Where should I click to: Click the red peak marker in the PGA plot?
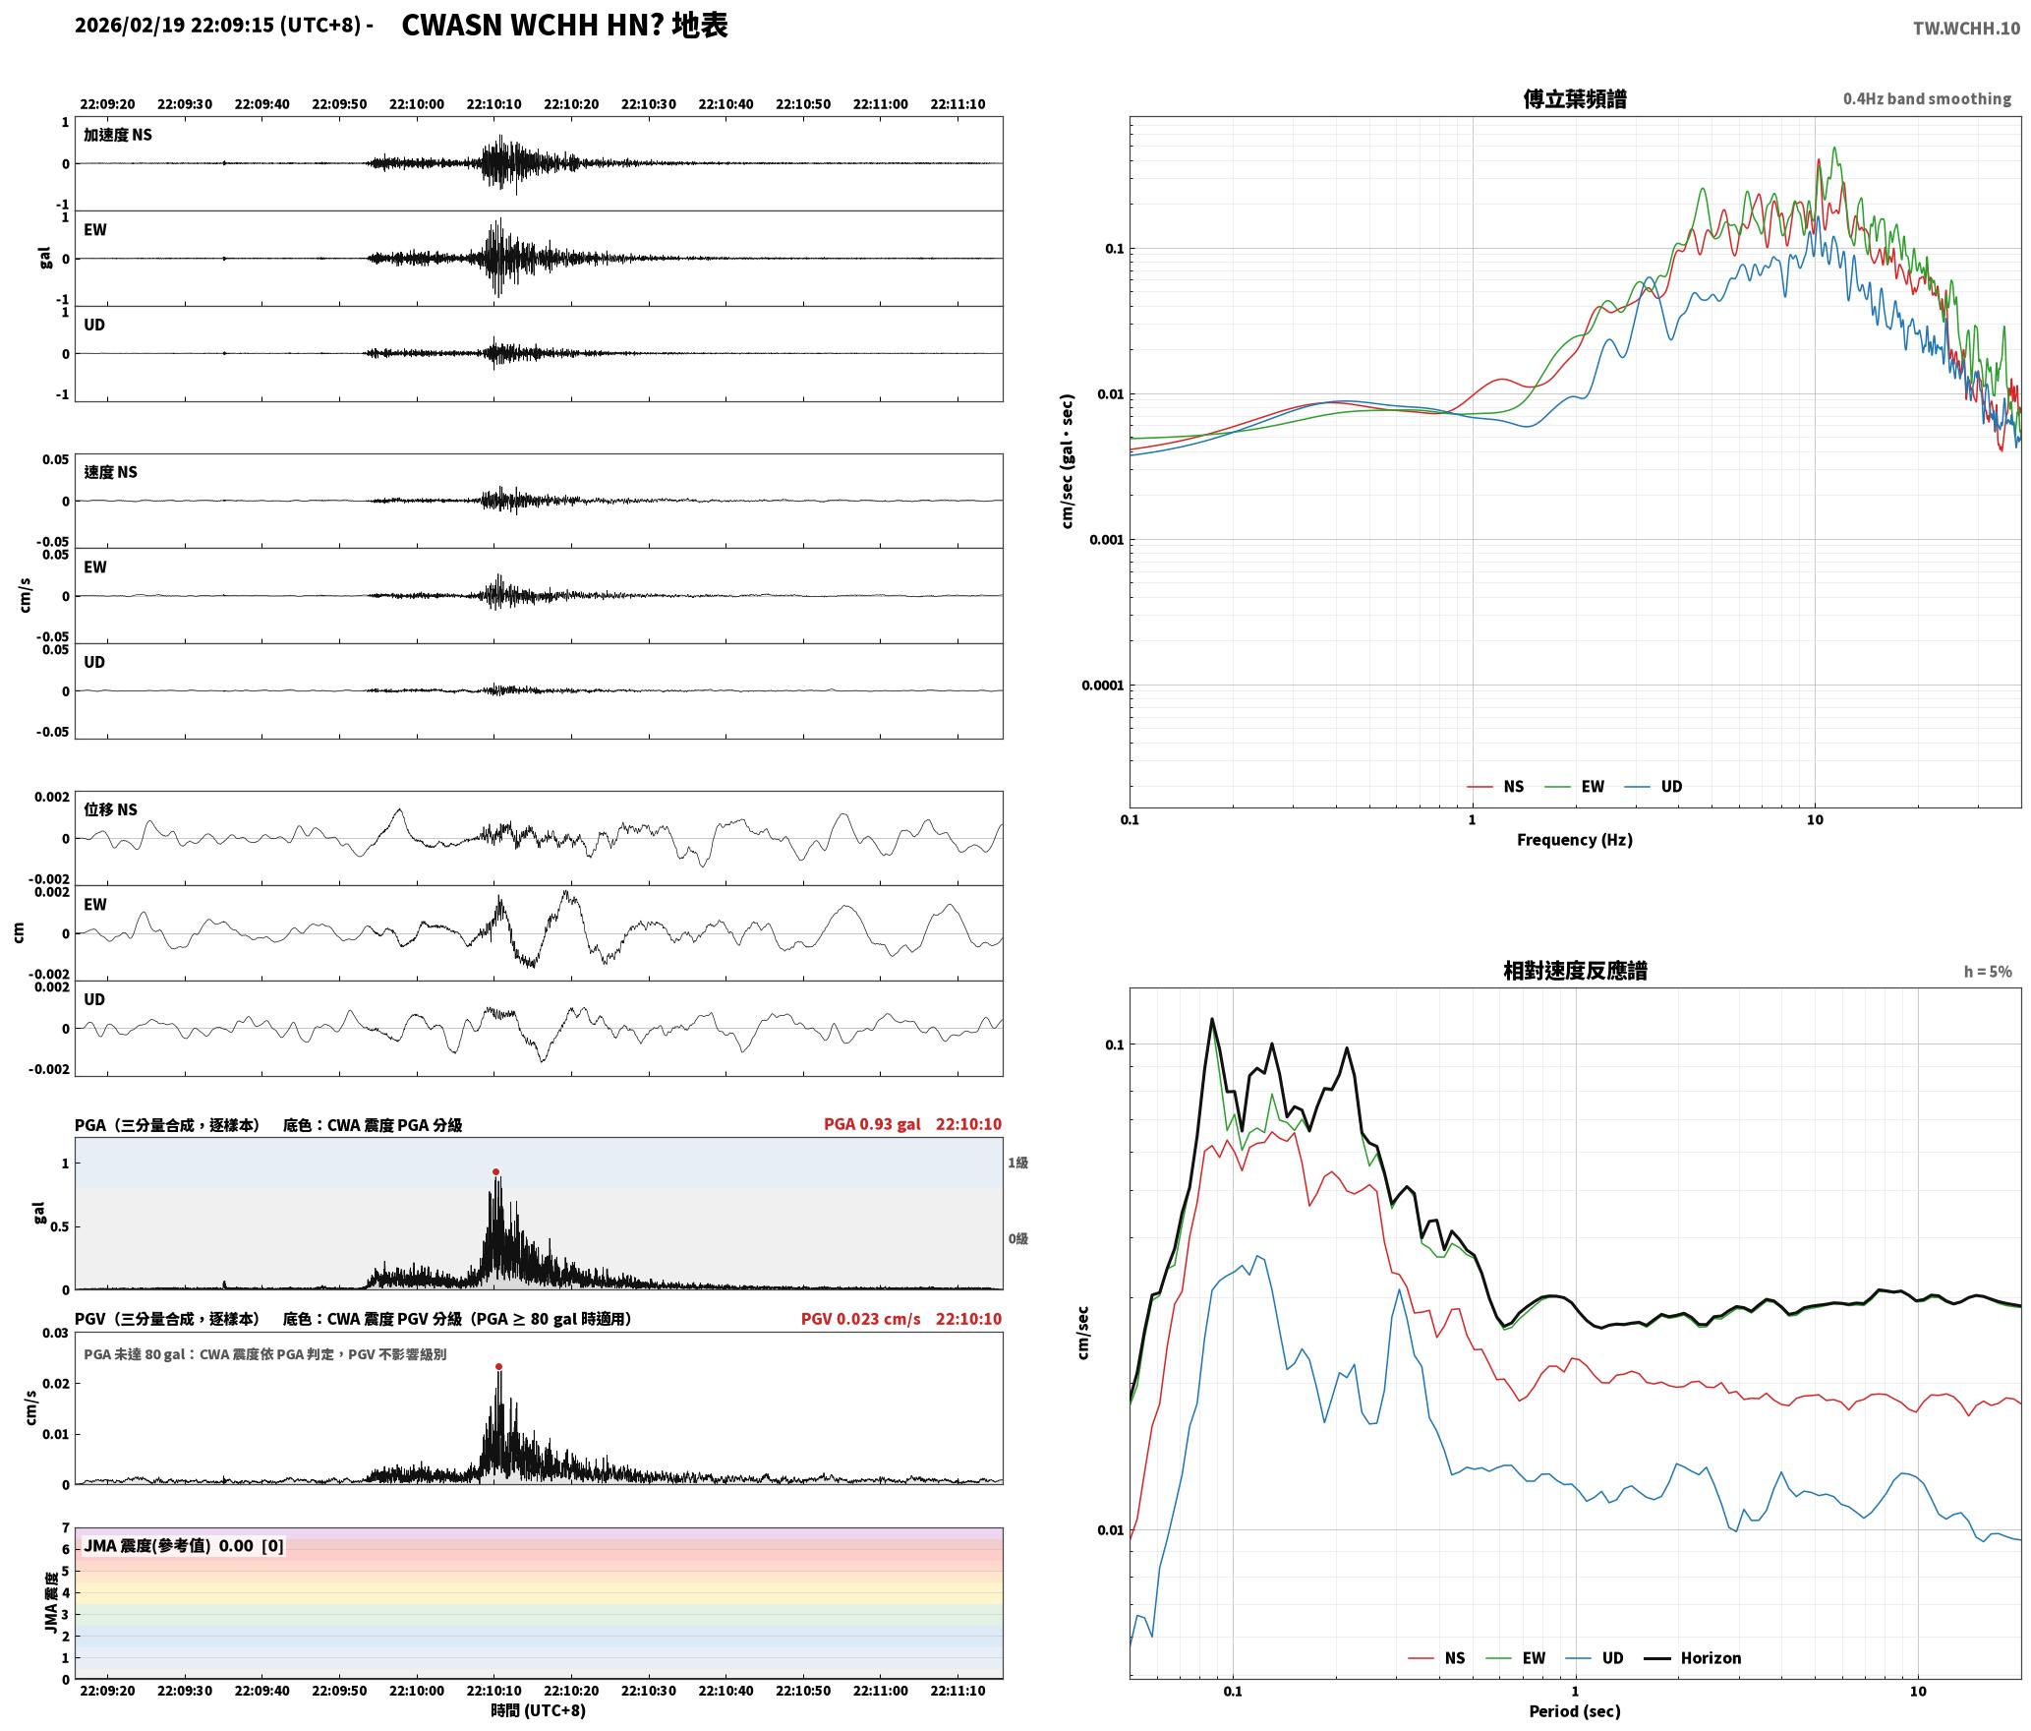495,1171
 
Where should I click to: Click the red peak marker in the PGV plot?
498,1366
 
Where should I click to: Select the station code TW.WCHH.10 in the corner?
1966,28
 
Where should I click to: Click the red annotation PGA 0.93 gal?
872,1123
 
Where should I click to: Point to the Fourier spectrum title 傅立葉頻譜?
1574,98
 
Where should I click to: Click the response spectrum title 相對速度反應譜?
1575,971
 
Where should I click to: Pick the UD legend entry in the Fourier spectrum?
1654,786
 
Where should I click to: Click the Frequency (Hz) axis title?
1574,839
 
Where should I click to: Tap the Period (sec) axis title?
1574,1710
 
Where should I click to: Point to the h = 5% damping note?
1988,972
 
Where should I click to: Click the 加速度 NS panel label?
118,135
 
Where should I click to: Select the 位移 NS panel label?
110,809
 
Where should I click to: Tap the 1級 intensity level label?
1017,1163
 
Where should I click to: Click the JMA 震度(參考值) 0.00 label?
184,1545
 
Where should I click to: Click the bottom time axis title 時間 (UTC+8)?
538,1710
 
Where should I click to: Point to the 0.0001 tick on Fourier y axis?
1102,686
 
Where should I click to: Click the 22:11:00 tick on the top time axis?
880,104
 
